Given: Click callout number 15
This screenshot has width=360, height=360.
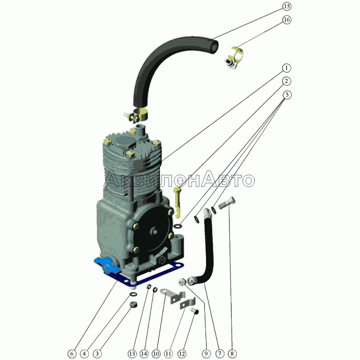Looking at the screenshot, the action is click(x=287, y=6).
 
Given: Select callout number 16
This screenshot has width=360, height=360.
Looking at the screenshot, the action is click(x=287, y=20).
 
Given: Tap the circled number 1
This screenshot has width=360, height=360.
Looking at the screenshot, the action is click(x=286, y=68).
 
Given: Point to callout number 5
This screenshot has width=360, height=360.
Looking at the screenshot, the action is click(x=287, y=94).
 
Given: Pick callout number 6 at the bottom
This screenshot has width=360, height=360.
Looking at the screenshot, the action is click(x=72, y=354).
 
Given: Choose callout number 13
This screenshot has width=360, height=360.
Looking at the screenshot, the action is click(x=132, y=354).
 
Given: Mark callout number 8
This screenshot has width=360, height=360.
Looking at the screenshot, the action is click(x=232, y=354).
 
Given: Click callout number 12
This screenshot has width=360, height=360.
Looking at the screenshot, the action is click(x=182, y=354).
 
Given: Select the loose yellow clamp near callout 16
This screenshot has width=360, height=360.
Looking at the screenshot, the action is click(x=234, y=58).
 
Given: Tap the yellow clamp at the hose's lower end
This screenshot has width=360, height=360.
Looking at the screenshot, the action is click(x=137, y=115).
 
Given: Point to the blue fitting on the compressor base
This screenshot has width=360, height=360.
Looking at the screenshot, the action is click(x=107, y=265).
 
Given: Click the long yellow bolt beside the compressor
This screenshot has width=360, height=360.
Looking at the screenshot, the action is click(x=177, y=202).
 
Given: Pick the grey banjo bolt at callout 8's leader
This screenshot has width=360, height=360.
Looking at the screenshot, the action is click(x=226, y=203).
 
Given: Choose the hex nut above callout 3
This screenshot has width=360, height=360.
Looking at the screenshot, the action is click(x=133, y=305).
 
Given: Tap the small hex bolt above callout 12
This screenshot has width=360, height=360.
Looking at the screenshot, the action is click(x=194, y=311).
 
